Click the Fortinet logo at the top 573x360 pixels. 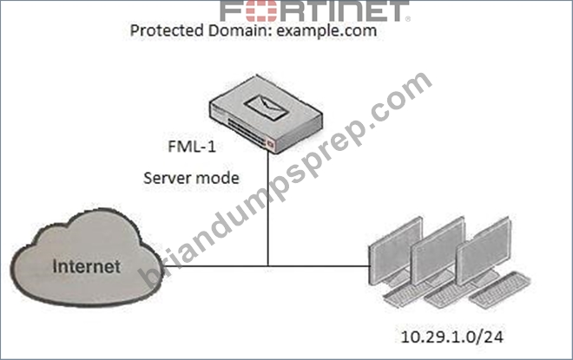tap(315, 11)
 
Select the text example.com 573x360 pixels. tap(326, 30)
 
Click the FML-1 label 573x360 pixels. tap(192, 147)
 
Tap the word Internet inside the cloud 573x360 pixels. tap(87, 266)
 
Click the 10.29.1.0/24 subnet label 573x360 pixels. tap(452, 337)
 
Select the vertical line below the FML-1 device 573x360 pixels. tap(268, 208)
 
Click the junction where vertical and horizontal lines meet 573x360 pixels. tap(268, 266)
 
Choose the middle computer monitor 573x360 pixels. tap(438, 252)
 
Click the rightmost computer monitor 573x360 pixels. tap(483, 252)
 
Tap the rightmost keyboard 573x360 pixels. tap(500, 291)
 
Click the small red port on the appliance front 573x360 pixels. tap(270, 144)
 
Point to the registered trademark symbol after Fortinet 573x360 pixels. tap(408, 18)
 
